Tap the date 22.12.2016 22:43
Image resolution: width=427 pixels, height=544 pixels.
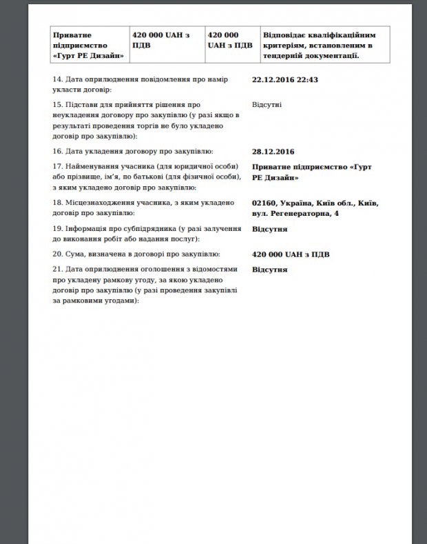(285, 80)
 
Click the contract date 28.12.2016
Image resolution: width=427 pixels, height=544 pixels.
(273, 152)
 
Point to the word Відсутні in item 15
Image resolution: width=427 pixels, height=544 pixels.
(266, 105)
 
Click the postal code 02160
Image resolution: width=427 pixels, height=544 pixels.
(265, 203)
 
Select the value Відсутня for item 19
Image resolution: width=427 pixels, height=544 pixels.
(270, 229)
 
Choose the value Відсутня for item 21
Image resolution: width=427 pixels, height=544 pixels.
(270, 269)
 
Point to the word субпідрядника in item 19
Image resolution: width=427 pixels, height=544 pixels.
(145, 229)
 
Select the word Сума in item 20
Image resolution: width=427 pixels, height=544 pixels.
(75, 254)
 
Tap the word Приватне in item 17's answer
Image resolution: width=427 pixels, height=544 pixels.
(273, 167)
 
